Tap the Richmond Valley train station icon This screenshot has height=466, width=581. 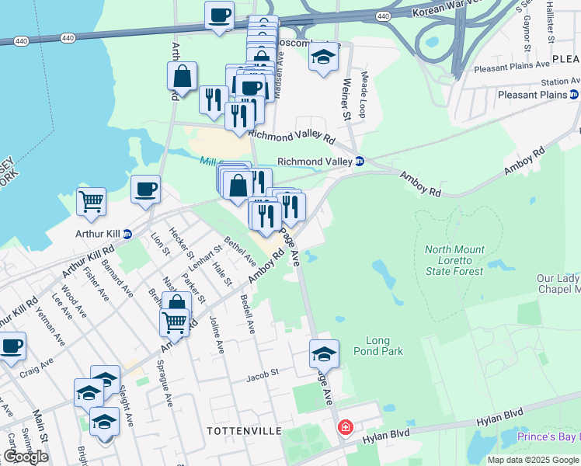click(360, 162)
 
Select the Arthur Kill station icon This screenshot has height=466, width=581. click(127, 233)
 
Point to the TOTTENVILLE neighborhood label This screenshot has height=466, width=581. click(237, 429)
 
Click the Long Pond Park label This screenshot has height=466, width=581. click(384, 346)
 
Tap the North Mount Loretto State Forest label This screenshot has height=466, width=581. click(454, 260)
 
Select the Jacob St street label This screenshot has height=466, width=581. click(263, 374)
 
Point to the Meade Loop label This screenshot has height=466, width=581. click(362, 96)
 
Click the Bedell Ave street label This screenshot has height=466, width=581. click(248, 315)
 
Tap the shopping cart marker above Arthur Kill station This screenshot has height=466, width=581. click(91, 201)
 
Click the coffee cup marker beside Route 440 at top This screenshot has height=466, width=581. click(220, 15)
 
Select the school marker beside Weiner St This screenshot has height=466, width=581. click(323, 57)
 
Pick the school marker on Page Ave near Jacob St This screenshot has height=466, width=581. click(324, 354)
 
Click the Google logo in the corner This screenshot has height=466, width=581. click(26, 457)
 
